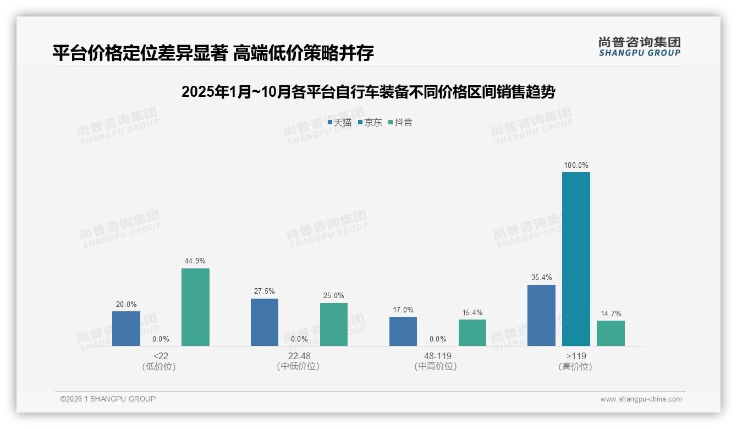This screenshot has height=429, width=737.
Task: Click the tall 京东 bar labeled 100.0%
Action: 576,259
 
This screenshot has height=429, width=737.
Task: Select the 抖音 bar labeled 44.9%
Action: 195,307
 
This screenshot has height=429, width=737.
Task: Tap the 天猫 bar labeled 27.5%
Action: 265,322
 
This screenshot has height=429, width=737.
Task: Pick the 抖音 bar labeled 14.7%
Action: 610,333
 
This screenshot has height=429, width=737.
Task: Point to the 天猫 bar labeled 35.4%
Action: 541,315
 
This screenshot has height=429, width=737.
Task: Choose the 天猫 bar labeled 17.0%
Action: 403,331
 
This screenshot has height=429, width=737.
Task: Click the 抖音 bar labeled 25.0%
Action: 334,324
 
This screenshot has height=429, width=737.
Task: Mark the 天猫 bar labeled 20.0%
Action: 126,328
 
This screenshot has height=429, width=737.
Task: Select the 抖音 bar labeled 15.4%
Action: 472,333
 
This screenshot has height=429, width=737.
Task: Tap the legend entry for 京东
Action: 370,122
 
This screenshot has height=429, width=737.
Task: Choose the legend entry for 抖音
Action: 400,122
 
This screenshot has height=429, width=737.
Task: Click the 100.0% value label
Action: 576,165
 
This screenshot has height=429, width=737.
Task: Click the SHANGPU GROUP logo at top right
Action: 639,47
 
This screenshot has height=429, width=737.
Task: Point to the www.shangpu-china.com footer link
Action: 641,399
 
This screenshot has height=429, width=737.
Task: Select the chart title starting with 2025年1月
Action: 368,92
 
